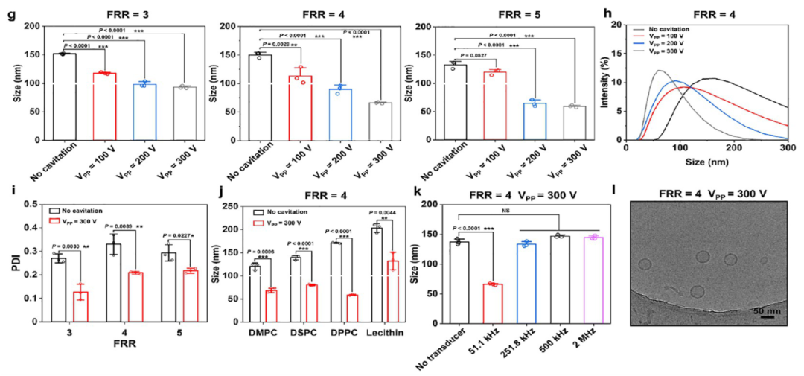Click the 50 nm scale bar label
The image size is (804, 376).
coord(770,310)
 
